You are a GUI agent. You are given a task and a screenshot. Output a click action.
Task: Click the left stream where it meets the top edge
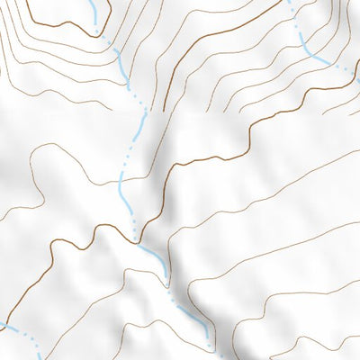click(x=94, y=3)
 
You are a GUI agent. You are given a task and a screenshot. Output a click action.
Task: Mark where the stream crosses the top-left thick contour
click(x=97, y=33)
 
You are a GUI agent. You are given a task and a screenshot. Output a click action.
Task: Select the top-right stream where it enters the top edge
click(x=290, y=3)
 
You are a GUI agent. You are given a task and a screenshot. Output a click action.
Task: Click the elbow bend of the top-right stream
click(x=310, y=52)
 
